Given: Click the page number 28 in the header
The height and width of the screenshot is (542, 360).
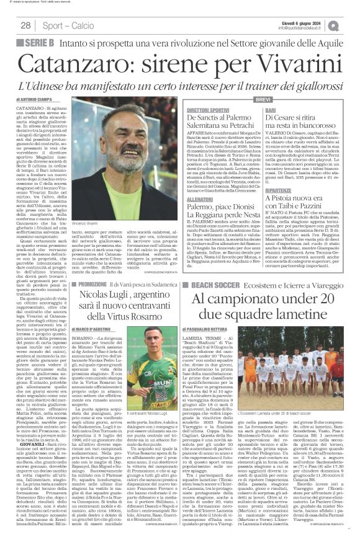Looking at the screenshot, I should point(26,25).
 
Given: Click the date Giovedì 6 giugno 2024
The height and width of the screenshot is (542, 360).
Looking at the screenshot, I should point(310,22).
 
